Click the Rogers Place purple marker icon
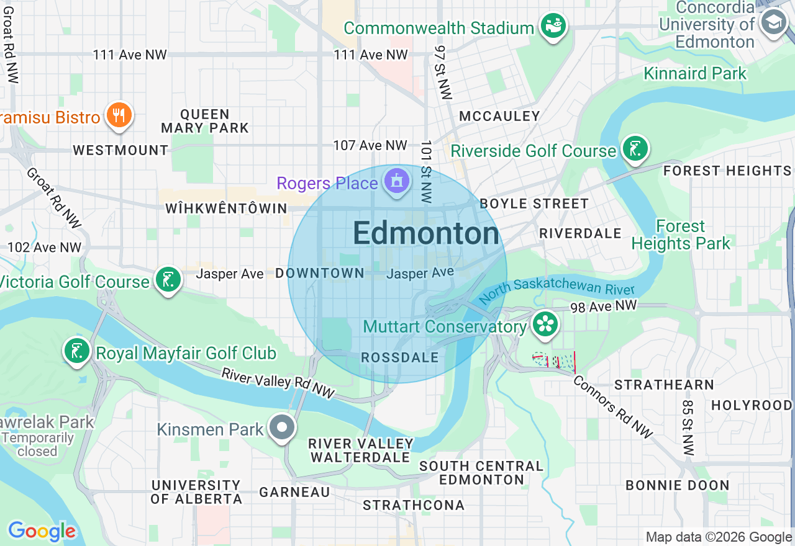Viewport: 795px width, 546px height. [x=396, y=182]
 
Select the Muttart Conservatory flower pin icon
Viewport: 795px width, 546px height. [x=545, y=324]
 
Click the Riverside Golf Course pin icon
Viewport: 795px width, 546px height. [x=635, y=149]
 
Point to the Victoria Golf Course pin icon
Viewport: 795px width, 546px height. [x=168, y=280]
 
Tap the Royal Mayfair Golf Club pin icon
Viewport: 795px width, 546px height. [x=78, y=351]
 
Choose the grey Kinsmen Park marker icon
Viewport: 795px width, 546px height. [x=283, y=427]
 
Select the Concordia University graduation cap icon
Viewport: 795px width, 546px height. [x=774, y=24]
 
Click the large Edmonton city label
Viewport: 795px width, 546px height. [x=425, y=234]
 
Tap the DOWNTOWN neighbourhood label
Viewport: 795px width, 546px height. [x=319, y=273]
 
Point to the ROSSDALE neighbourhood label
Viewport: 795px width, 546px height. [x=399, y=358]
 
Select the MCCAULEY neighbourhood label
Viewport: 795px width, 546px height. [x=499, y=116]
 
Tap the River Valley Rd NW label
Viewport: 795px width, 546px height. [x=278, y=383]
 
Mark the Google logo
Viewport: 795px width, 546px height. [x=42, y=530]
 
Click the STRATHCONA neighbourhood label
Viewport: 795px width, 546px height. [x=414, y=505]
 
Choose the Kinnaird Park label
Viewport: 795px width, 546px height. [x=695, y=73]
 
